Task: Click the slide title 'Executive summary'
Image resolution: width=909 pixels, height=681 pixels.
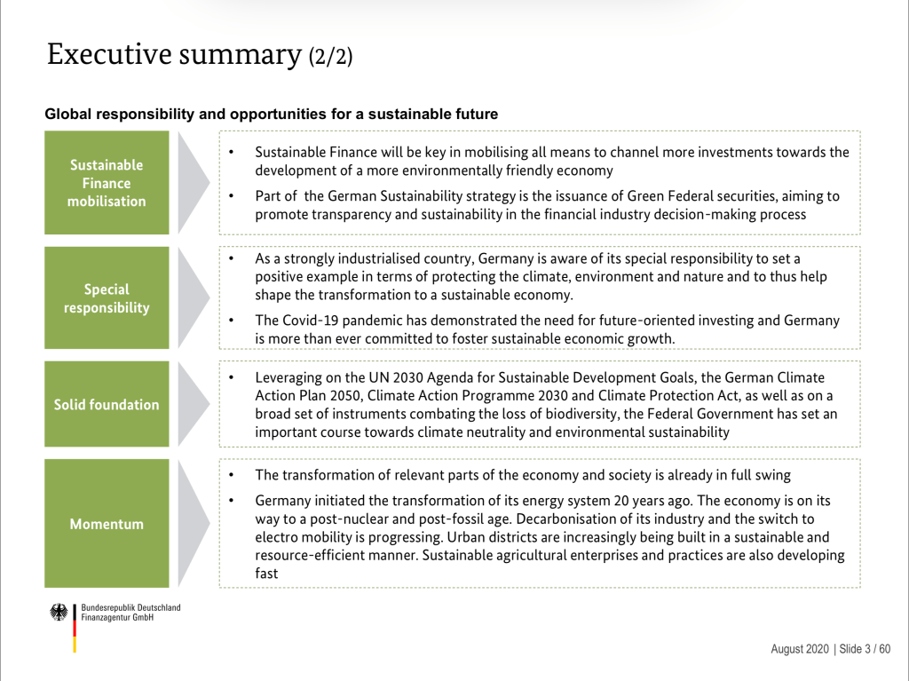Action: pos(173,54)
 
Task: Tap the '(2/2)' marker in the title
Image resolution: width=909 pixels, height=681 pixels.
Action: pos(330,58)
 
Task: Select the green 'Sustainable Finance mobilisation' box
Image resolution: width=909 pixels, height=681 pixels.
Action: pos(107,183)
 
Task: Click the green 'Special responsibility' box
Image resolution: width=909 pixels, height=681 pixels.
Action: pos(107,298)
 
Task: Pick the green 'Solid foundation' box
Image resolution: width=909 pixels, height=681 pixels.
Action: pos(107,405)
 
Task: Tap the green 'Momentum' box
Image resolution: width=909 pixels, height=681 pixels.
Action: pos(107,524)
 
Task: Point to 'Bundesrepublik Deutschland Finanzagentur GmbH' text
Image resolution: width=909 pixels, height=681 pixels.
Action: pos(130,613)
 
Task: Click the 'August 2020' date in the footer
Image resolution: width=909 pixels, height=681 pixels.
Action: pos(799,649)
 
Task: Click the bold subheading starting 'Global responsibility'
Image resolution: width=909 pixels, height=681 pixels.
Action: pos(271,115)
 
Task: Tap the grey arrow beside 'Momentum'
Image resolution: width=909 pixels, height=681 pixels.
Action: pos(193,524)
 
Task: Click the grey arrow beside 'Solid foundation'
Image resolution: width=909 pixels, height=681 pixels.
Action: pos(193,405)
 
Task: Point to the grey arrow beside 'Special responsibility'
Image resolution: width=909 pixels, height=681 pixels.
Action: pos(193,298)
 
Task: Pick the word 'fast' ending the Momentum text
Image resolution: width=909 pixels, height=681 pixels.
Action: pos(266,574)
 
